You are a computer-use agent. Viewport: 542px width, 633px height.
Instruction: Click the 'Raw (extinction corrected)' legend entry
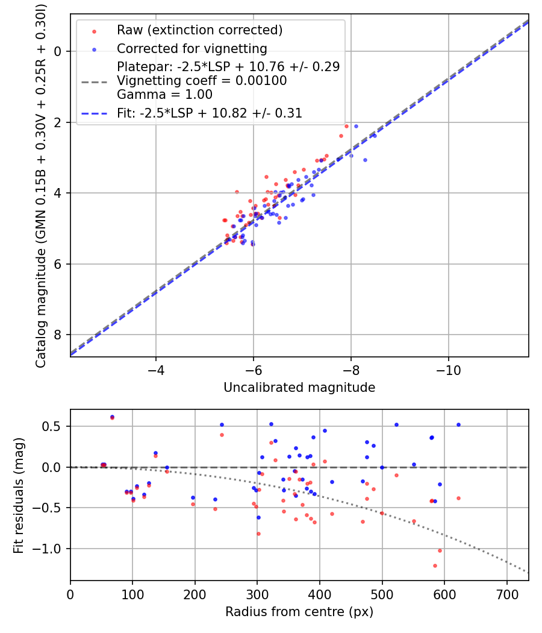[x=199, y=30]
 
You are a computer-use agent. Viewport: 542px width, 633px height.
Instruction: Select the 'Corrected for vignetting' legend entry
[x=192, y=48]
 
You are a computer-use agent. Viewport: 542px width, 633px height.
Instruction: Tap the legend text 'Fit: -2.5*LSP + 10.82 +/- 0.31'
[x=210, y=113]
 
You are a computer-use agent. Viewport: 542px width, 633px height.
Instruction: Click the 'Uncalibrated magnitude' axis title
[x=299, y=388]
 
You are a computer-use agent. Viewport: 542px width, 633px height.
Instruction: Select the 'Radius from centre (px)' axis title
[x=299, y=612]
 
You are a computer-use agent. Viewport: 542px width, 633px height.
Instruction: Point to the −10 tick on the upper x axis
[x=448, y=368]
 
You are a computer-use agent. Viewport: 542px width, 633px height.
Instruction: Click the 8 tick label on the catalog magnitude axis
[x=58, y=335]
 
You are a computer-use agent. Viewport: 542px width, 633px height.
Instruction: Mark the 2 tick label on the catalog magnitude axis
[x=58, y=122]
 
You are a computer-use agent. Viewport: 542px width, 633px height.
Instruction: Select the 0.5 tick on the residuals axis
[x=55, y=426]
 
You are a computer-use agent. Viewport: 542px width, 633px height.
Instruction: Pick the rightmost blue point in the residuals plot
[x=458, y=424]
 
